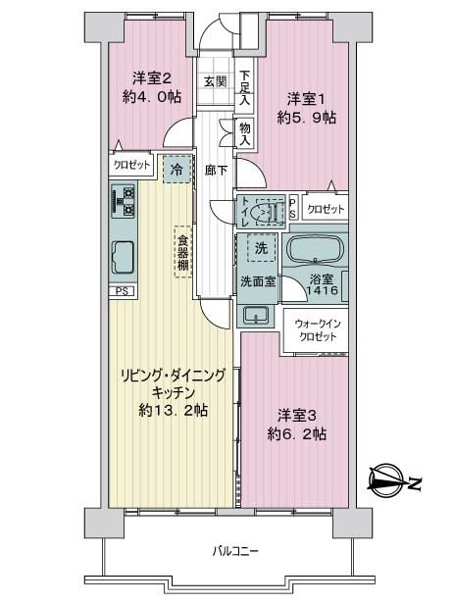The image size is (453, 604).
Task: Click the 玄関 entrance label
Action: [x=216, y=81]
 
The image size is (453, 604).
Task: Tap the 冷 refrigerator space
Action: [x=176, y=169]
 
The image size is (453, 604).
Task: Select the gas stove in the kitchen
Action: [x=124, y=200]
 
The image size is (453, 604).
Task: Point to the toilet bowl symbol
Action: [x=266, y=212]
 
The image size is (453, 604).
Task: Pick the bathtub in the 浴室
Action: [x=316, y=249]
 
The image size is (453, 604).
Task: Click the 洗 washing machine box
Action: [x=262, y=248]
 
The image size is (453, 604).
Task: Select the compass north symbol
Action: [x=394, y=481]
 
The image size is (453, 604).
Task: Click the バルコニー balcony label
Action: [x=235, y=551]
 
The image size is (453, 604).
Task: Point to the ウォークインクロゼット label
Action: [x=318, y=329]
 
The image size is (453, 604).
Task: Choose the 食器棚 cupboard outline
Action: [x=183, y=251]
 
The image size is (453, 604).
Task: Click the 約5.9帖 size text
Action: [x=306, y=118]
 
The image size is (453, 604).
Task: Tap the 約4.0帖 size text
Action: [x=152, y=97]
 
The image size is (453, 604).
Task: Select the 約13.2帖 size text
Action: [x=174, y=410]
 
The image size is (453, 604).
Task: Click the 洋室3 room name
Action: [x=297, y=416]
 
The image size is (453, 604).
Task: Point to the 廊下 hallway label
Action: [x=216, y=170]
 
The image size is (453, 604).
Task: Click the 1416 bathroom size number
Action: [x=322, y=290]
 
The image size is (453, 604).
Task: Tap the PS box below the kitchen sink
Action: [x=122, y=291]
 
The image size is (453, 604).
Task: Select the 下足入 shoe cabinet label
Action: [x=244, y=87]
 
